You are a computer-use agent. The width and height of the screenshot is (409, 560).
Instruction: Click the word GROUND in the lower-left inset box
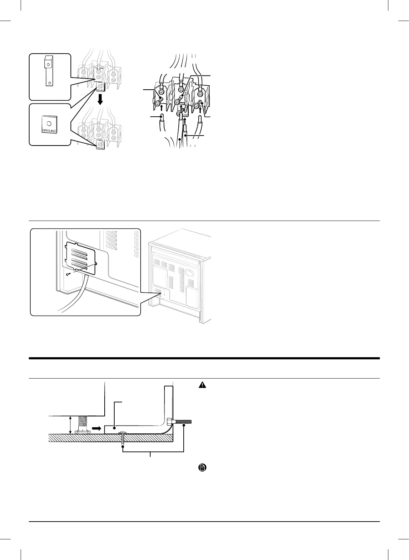[49, 131]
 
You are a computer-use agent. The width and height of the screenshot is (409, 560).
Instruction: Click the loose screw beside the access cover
[68, 274]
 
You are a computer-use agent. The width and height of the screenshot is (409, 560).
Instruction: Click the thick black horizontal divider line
[204, 358]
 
